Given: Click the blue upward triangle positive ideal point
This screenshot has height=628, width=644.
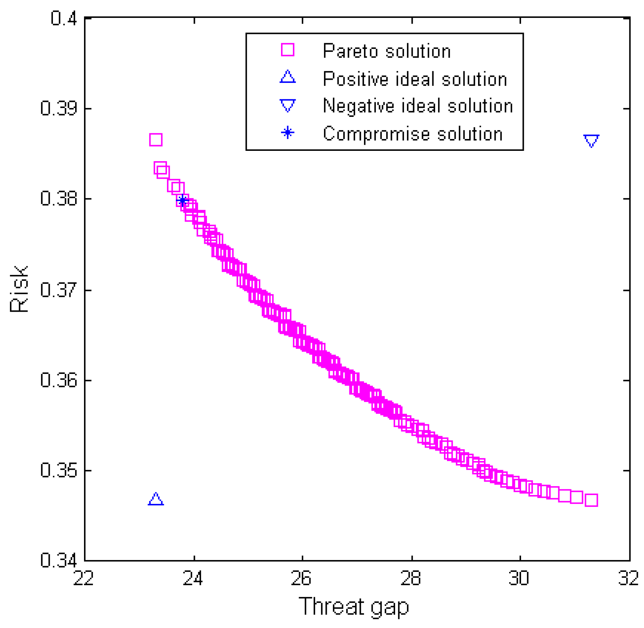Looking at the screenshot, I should [156, 499].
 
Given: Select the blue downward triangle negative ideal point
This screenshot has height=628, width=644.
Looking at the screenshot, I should [591, 140].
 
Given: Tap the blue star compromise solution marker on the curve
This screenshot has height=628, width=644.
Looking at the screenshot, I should [183, 201].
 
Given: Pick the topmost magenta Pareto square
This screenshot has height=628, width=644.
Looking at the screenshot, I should [156, 139].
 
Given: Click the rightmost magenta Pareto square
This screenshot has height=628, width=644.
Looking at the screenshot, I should [591, 500].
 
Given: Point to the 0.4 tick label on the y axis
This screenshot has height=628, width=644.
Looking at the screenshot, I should [64, 18].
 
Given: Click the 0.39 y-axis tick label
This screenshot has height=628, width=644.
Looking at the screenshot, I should [59, 108].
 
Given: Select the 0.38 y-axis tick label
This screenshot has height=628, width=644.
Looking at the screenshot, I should [59, 199].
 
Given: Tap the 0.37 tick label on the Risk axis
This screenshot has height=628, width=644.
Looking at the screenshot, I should [59, 290].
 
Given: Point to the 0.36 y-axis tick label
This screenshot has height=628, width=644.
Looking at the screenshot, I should [59, 380].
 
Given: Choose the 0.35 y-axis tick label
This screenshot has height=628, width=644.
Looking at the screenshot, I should [59, 471].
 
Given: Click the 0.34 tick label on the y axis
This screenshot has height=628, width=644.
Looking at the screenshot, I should [59, 560].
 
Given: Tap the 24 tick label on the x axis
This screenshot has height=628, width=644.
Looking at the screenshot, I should [193, 578].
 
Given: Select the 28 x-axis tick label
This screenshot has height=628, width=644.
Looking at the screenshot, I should [411, 578].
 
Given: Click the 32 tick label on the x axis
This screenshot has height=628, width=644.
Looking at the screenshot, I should [628, 578].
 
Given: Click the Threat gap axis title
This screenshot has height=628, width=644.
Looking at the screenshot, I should [354, 607].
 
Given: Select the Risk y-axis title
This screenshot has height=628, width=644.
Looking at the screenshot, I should [19, 290].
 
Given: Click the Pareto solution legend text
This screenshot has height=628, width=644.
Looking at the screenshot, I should [387, 51].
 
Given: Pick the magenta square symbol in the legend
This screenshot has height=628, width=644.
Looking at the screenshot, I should [287, 50].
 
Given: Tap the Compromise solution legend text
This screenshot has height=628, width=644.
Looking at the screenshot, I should [413, 134].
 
